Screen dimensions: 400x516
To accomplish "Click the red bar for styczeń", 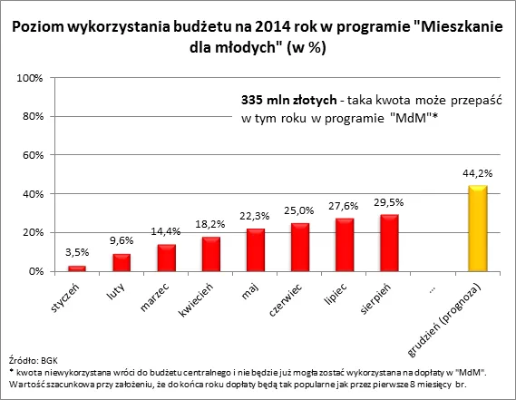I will [x=76, y=268].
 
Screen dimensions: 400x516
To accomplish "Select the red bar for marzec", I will [x=166, y=258].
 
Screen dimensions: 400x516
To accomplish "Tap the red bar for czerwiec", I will [x=300, y=247].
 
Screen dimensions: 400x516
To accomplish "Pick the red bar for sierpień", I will [x=389, y=242].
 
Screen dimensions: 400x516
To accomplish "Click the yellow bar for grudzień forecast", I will [x=478, y=228].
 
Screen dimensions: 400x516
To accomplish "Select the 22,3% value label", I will [x=256, y=218].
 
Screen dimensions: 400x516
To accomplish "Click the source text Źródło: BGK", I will [x=31, y=360].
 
